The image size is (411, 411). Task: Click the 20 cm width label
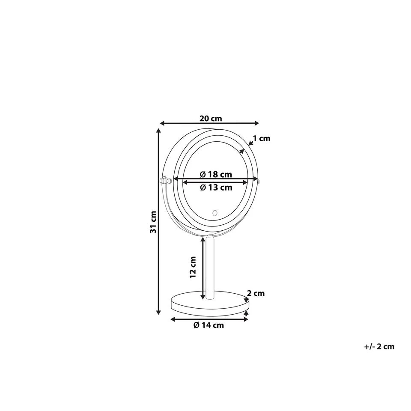point(211,119)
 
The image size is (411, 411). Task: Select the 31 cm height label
point(153,222)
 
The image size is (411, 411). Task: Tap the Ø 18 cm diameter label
point(216,174)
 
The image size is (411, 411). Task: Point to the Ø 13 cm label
point(216,188)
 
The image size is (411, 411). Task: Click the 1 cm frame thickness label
point(261,138)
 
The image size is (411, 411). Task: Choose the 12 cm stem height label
point(193,267)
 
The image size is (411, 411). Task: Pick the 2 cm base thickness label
point(256,293)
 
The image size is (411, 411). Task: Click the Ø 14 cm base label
point(208,325)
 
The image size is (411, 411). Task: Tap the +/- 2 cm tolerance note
point(379,346)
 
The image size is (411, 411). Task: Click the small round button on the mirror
point(215,213)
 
